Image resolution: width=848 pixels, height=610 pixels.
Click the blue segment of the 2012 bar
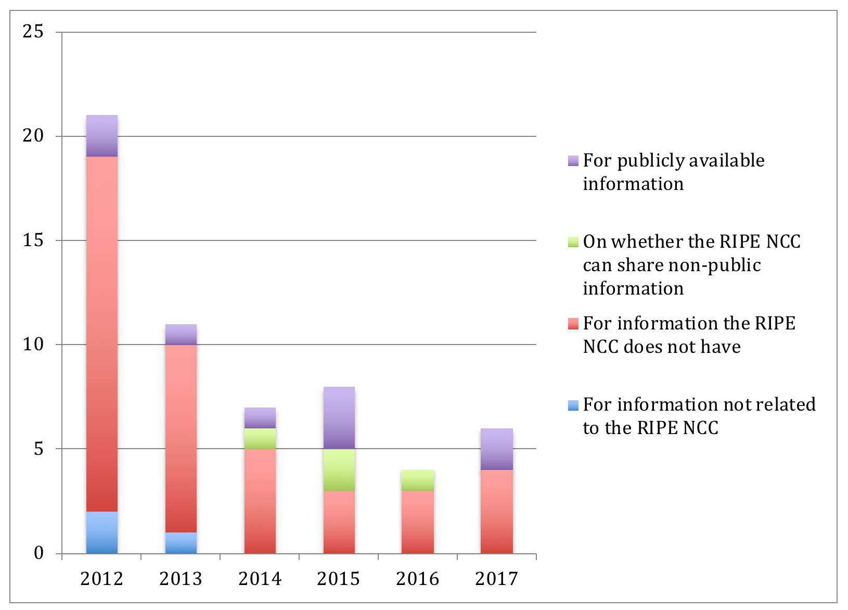102,532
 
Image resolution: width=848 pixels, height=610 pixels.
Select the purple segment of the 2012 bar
102,136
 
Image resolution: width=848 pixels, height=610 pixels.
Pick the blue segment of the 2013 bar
181,542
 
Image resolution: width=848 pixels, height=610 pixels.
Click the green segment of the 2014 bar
260,438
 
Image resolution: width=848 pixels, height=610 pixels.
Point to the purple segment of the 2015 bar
339,417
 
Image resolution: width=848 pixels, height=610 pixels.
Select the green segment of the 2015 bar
339,469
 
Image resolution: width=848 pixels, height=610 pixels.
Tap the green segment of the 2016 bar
418,480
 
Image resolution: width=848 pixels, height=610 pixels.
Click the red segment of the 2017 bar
497,511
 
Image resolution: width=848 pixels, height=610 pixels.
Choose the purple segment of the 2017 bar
497,449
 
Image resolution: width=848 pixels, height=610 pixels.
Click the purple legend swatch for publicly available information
573,161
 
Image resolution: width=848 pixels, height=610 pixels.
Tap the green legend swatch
573,242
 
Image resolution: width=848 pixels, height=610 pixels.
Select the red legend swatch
573,324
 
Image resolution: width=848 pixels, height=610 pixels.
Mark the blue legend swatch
573,405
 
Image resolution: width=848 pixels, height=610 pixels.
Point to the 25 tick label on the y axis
33,32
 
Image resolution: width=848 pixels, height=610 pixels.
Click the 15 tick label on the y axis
33,240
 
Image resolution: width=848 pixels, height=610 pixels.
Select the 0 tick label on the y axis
38,553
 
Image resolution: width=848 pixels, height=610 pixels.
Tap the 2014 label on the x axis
260,579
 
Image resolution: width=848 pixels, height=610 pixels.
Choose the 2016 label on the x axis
417,579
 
